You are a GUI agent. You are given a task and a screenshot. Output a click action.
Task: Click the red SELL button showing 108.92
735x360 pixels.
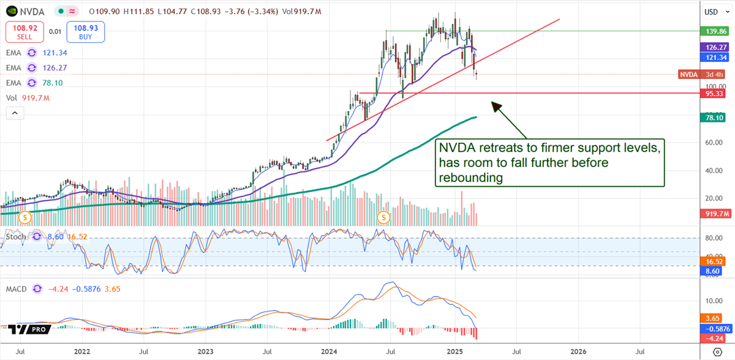pyautogui.click(x=24, y=31)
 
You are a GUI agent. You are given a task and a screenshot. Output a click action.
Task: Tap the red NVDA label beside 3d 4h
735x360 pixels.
pyautogui.click(x=688, y=74)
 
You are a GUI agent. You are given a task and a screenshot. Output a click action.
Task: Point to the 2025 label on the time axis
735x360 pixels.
pyautogui.click(x=454, y=352)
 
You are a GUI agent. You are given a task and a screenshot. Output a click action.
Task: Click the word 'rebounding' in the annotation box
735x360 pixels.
pyautogui.click(x=471, y=178)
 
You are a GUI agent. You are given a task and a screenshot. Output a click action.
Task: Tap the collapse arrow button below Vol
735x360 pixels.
pyautogui.click(x=15, y=113)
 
